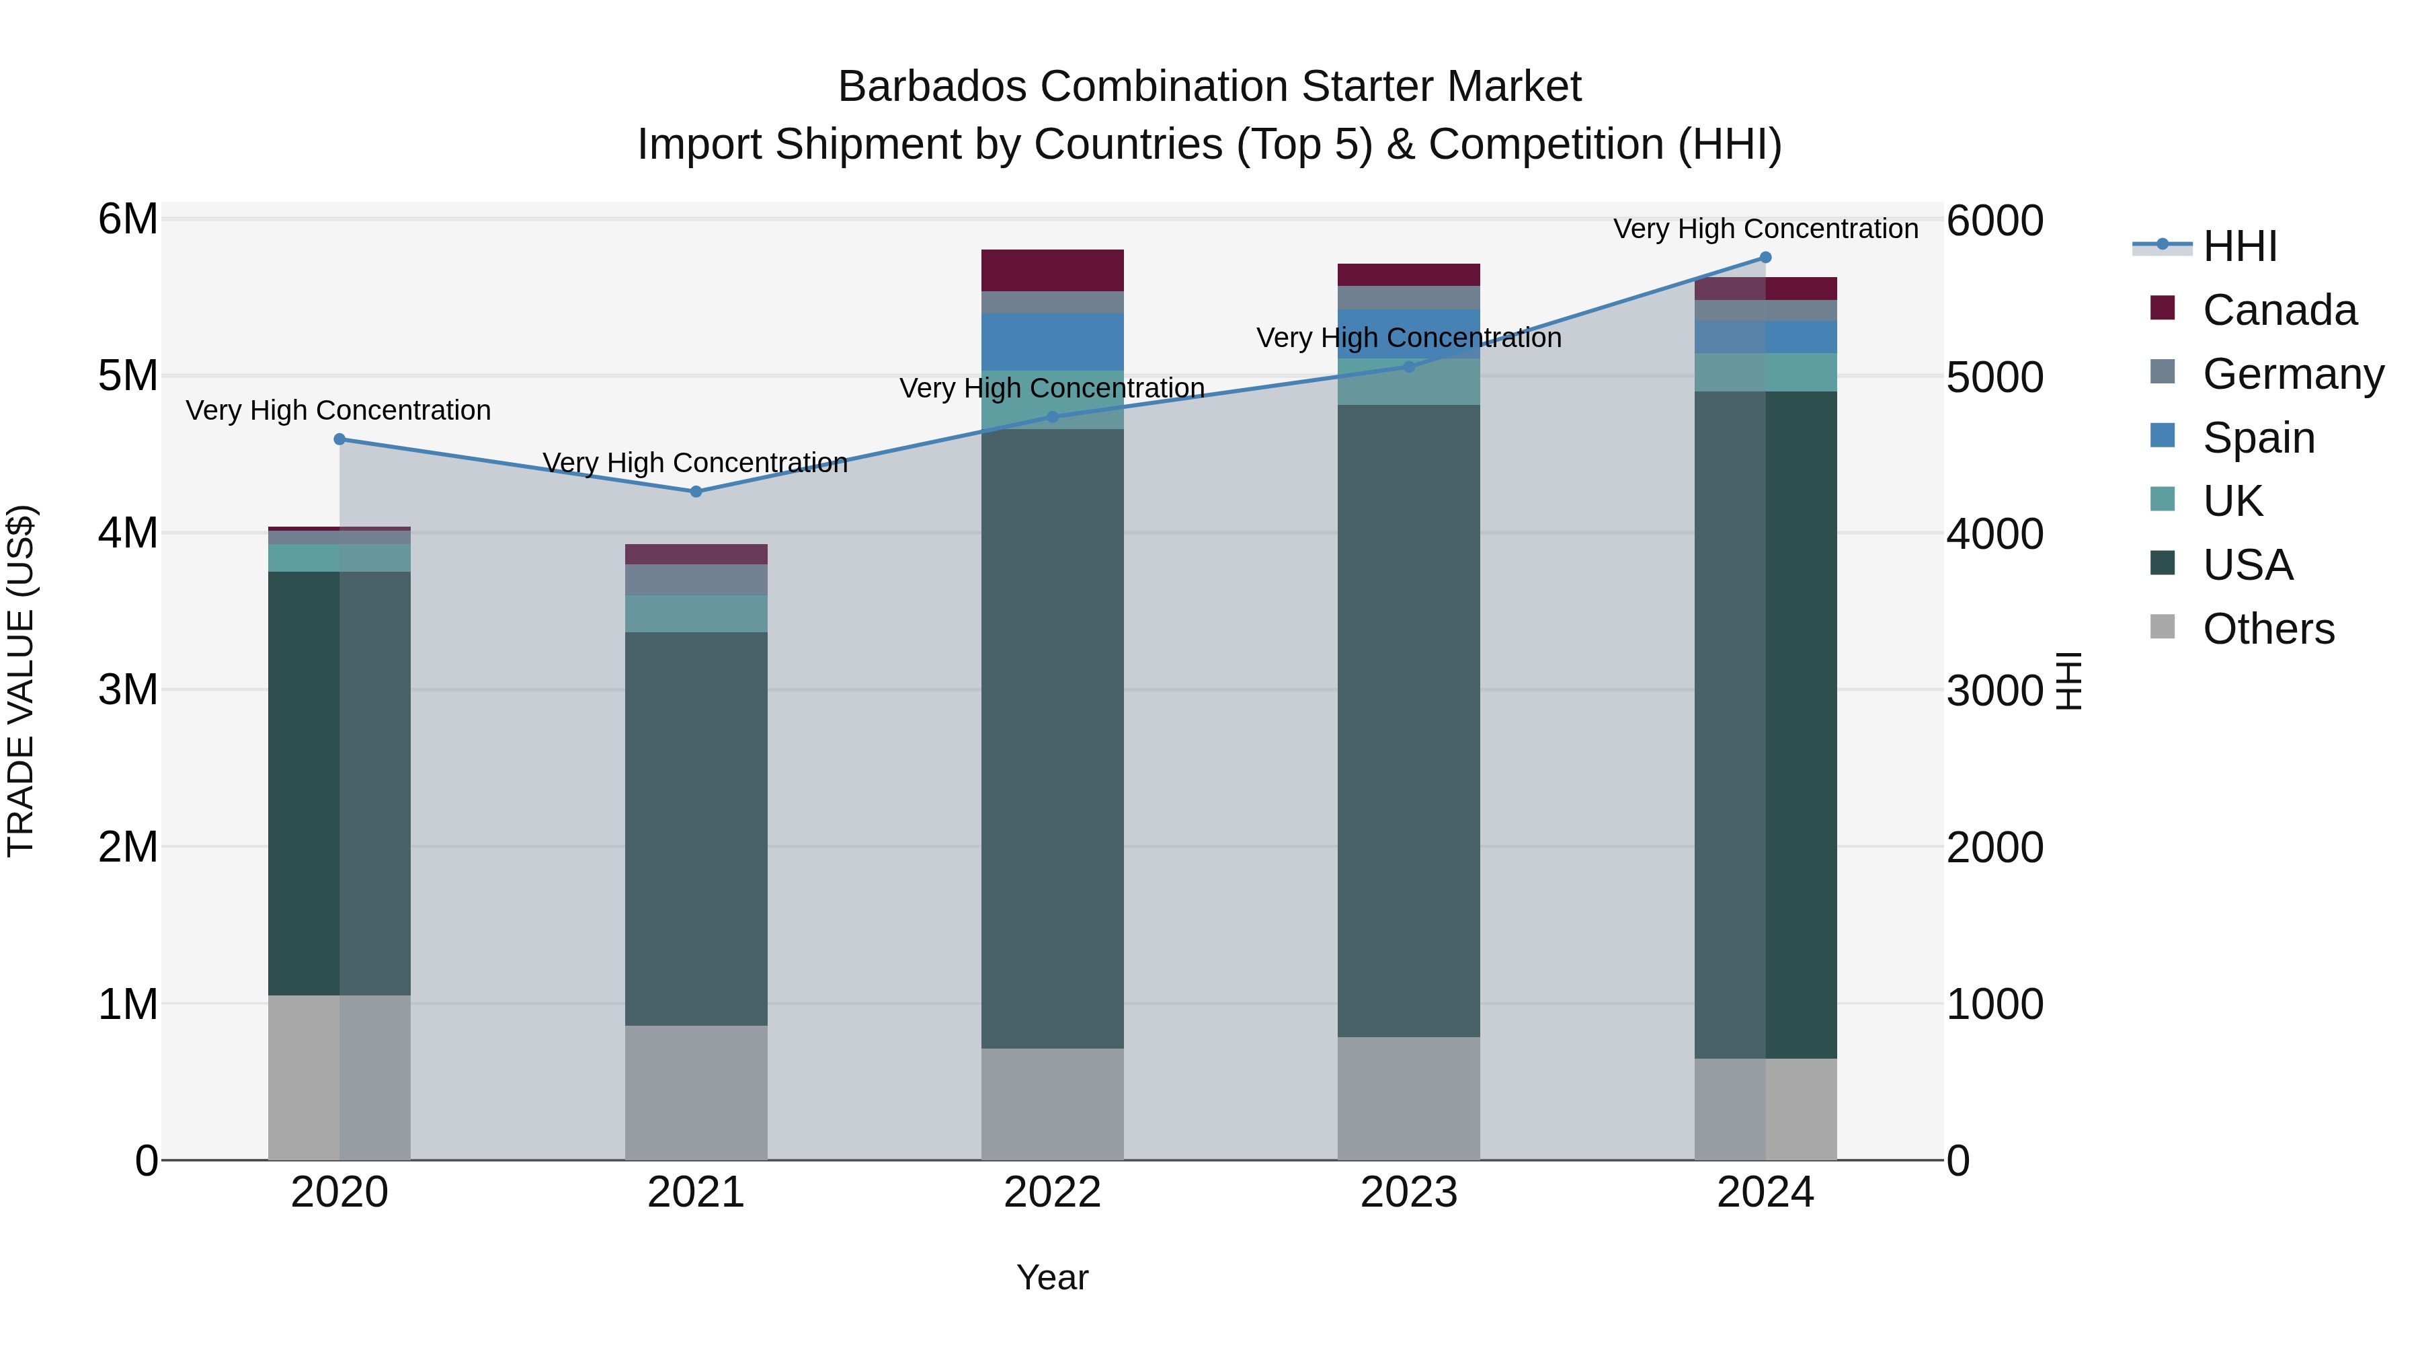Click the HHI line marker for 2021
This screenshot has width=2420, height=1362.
click(x=696, y=492)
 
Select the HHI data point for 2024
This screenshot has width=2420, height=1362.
click(x=1765, y=258)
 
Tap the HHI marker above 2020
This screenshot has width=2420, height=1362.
click(x=340, y=439)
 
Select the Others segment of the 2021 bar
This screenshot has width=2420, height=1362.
click(x=696, y=1092)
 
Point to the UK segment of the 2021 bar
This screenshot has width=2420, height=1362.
click(x=696, y=614)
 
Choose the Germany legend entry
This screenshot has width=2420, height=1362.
click(x=2292, y=374)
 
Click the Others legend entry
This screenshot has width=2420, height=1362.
click(x=2268, y=629)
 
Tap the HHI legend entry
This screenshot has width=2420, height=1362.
click(x=2240, y=246)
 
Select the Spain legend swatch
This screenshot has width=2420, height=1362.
click(x=2163, y=436)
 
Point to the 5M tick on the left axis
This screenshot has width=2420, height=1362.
click(x=128, y=376)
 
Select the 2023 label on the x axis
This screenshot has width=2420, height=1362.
click(x=1408, y=1193)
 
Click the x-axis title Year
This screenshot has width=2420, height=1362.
click(x=1052, y=1277)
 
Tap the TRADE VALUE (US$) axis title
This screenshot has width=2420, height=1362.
click(x=21, y=681)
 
